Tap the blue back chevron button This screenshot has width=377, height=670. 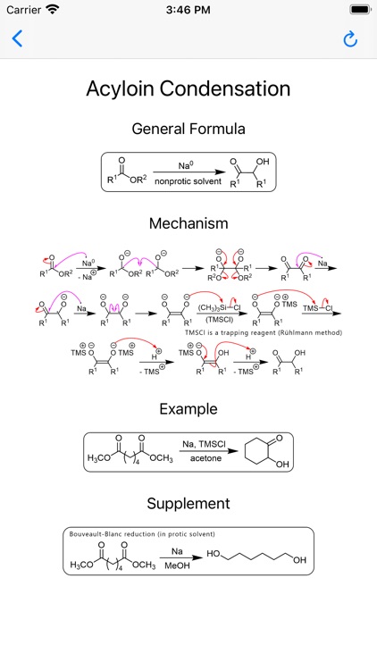pos(17,38)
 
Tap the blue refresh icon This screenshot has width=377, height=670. pos(350,38)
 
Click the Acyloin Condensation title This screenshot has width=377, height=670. pos(188,88)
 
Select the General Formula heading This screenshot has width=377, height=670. pos(188,129)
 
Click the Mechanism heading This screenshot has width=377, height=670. pos(188,222)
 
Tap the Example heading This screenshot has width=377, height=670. pos(188,408)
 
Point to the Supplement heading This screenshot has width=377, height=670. pos(188,503)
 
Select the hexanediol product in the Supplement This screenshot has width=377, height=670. pos(256,557)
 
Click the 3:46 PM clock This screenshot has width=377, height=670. pos(188,10)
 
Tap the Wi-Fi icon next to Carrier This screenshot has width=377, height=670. pos(53,10)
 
